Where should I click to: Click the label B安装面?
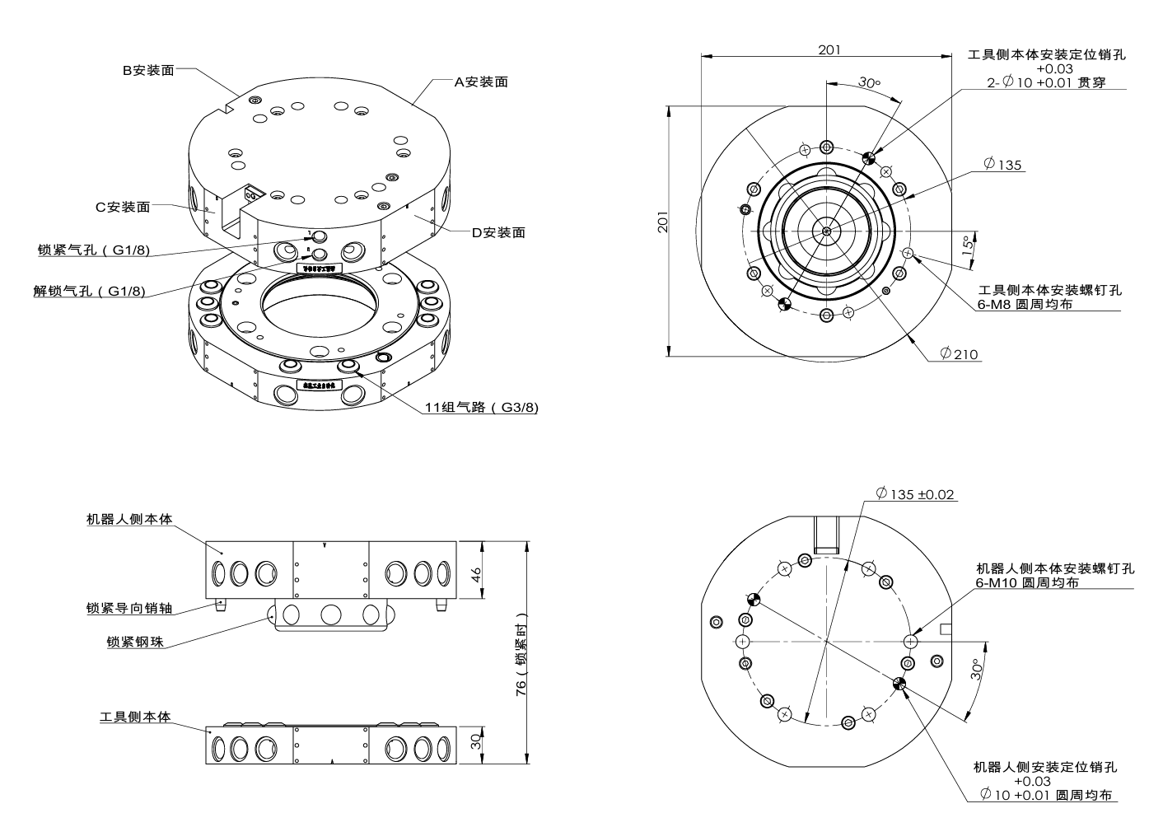point(148,71)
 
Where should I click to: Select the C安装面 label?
point(123,207)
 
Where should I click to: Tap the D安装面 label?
point(497,232)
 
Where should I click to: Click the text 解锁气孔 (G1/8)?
point(89,291)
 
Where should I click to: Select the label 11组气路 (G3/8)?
point(481,407)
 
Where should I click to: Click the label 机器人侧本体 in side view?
point(129,520)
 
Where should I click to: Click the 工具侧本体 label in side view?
point(135,717)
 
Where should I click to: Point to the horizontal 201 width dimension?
point(829,49)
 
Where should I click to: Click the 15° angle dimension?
point(969,245)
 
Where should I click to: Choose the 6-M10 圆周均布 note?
point(1027,582)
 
